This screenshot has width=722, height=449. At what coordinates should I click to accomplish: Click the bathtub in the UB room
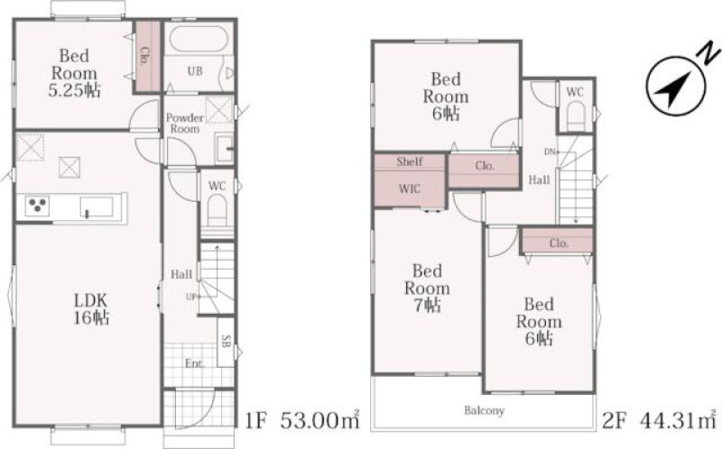point(199,39)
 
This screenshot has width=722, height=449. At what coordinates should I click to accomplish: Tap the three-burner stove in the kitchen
point(37,206)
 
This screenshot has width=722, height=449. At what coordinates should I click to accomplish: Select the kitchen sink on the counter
point(97,207)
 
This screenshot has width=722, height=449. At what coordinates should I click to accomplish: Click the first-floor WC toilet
point(217,210)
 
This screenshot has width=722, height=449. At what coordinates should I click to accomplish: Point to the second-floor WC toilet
point(575,116)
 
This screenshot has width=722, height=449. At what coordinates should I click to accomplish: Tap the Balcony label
point(484,410)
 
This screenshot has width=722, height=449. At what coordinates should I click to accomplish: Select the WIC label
point(410,188)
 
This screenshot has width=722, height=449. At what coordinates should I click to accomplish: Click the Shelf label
point(410,161)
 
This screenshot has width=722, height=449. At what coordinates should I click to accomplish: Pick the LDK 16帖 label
point(91,309)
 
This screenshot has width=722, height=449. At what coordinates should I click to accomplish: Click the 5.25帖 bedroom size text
point(74,90)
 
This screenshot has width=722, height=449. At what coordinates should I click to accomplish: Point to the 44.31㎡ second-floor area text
point(678,419)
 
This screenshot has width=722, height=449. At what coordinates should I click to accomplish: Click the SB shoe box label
point(227,341)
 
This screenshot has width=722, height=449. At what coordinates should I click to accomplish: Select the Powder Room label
point(185,124)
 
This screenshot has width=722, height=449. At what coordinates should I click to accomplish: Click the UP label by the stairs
point(192,297)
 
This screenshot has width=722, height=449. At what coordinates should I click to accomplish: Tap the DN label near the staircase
point(551,151)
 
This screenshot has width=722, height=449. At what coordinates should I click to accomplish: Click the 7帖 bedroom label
point(427,288)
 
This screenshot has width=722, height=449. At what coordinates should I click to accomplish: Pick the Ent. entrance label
point(194,363)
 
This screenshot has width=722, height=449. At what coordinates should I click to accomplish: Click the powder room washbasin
point(225,148)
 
